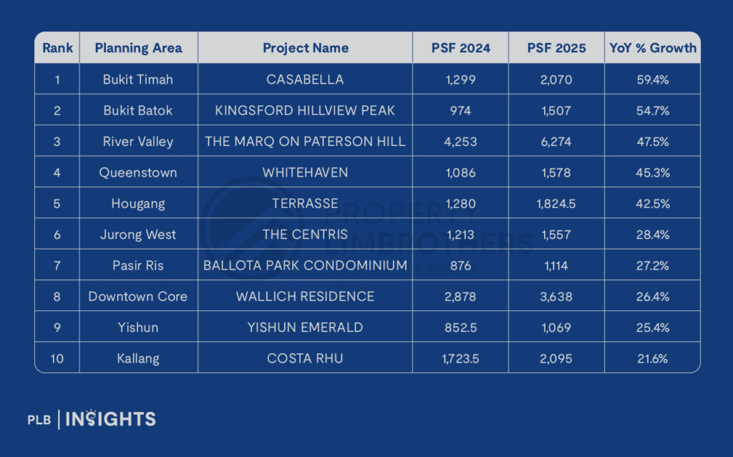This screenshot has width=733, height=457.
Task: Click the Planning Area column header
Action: (138, 48)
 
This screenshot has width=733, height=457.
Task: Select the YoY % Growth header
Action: (652, 48)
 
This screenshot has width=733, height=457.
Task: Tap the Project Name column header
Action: (306, 48)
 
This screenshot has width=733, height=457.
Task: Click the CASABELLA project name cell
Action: (306, 79)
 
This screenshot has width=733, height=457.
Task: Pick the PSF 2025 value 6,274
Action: (556, 142)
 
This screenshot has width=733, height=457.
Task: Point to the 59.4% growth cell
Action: (652, 79)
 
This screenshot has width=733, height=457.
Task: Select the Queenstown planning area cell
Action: (138, 172)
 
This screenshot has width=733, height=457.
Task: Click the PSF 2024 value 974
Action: (460, 111)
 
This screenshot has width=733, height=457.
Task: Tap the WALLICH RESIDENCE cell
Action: (306, 296)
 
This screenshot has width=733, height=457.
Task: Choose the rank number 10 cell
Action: (57, 358)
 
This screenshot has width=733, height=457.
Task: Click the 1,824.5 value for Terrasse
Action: (556, 204)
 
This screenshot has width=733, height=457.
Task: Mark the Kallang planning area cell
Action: (138, 358)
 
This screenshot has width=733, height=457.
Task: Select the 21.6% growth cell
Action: (652, 358)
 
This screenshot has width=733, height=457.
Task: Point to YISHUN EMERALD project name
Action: (306, 328)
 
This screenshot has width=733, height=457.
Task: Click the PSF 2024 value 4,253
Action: (460, 142)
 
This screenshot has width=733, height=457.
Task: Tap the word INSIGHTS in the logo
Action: (110, 419)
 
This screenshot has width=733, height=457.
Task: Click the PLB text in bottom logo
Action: (39, 420)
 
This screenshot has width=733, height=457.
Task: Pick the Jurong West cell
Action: (138, 235)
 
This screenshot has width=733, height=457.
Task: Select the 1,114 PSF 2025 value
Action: (556, 265)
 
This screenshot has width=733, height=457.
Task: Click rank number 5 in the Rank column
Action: (57, 204)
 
